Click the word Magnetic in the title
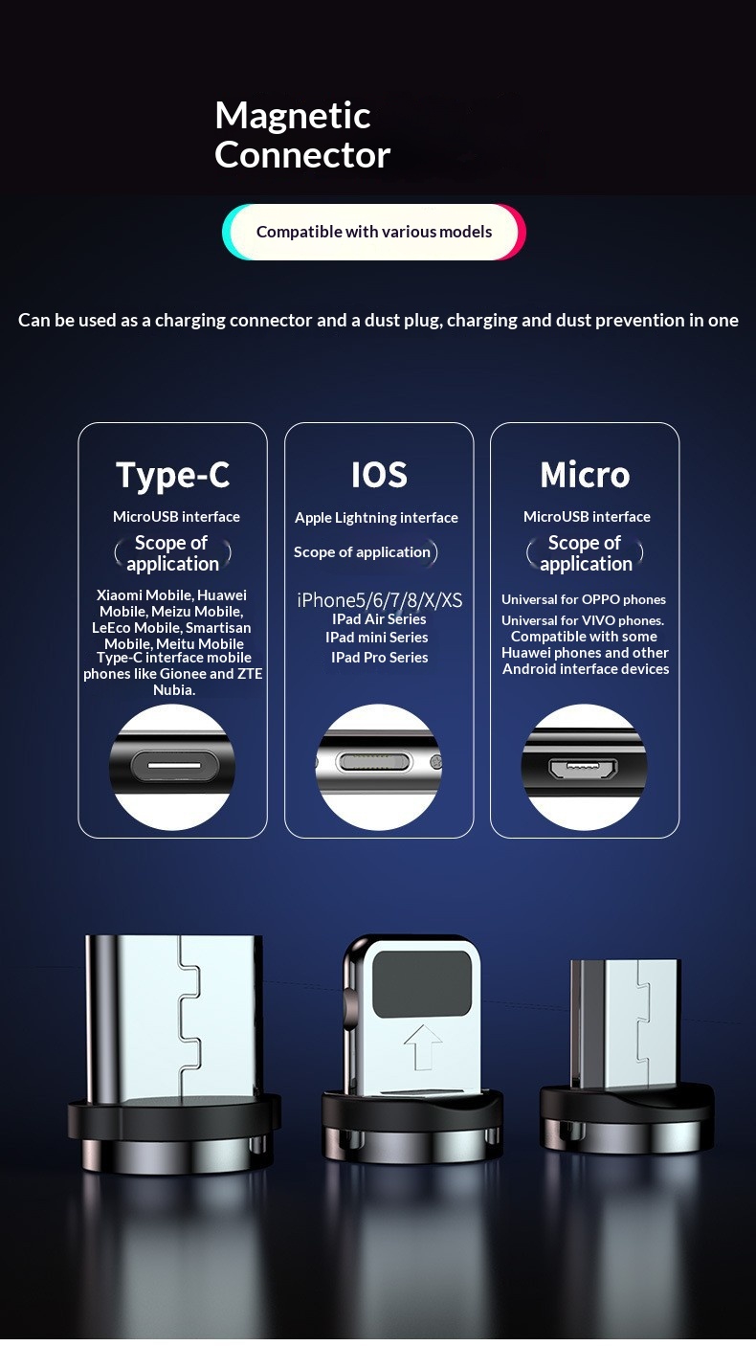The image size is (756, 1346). coord(293,117)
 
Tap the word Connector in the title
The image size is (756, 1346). coord(302,154)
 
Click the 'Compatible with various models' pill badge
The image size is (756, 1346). coord(373,232)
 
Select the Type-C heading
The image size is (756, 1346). coord(173,476)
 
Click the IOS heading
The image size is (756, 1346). coord(379,475)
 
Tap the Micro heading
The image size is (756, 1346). coord(585,475)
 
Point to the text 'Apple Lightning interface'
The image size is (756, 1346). coord(376,518)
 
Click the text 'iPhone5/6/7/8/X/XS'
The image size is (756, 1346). coord(380,600)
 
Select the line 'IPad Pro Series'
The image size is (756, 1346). coord(380,658)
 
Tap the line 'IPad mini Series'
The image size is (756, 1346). coord(376,638)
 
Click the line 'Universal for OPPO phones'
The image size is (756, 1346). coord(584,599)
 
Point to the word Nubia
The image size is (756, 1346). coord(174,690)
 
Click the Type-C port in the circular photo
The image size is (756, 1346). coord(173,766)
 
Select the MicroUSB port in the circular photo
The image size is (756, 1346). coord(583,768)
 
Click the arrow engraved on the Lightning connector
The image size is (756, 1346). coord(423,1046)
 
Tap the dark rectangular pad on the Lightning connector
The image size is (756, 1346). coord(422,983)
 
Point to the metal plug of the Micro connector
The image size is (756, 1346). coord(625,1024)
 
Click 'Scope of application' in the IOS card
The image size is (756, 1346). coord(362,552)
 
